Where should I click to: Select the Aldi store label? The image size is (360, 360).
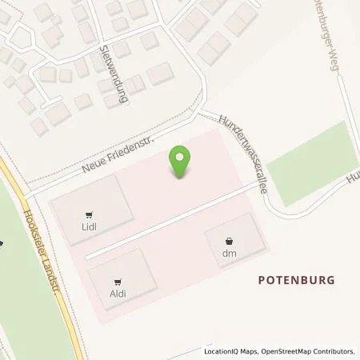tap(118, 294)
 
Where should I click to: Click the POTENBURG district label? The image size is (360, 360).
tap(296, 280)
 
